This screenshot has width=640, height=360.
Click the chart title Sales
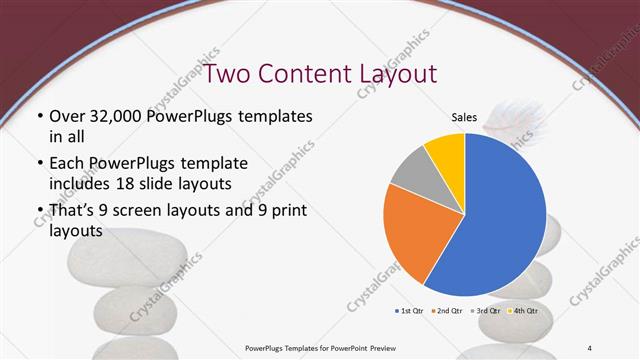[x=464, y=117]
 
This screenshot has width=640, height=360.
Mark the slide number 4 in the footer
[x=590, y=346]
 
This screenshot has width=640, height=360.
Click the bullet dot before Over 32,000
[x=37, y=117]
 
